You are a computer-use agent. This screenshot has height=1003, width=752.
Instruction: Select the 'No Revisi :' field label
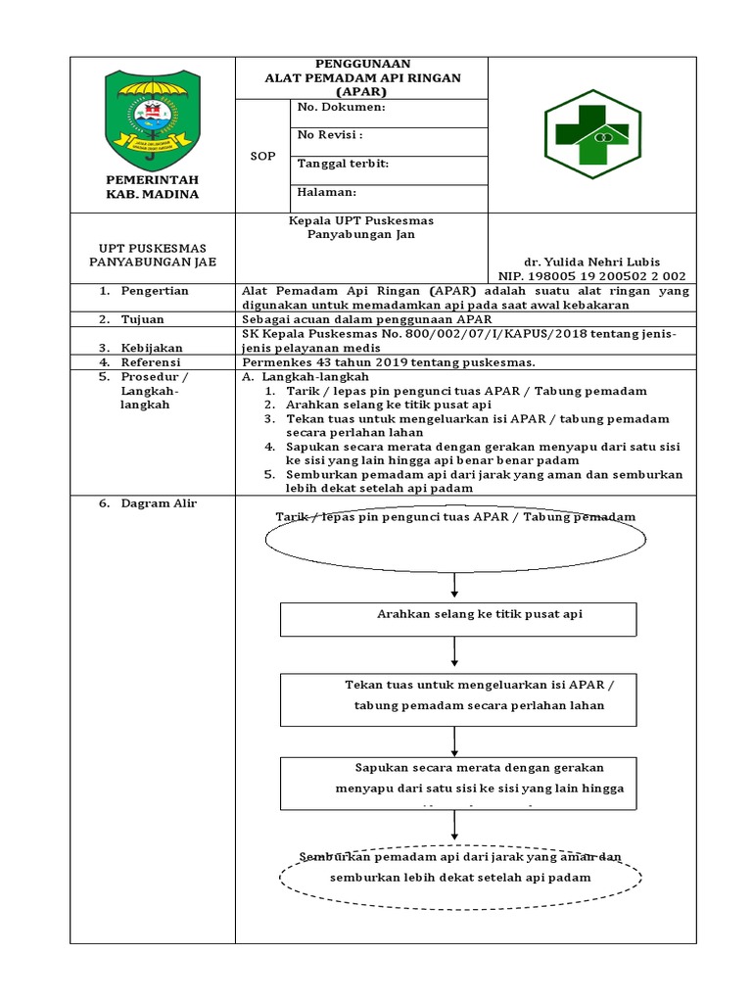(330, 135)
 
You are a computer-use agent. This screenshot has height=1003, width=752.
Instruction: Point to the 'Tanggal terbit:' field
(343, 164)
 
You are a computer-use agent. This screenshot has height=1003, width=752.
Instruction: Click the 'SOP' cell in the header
(262, 157)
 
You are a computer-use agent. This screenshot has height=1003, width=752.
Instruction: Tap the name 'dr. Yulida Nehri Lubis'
(591, 263)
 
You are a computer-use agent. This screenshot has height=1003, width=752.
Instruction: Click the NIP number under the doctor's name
(591, 276)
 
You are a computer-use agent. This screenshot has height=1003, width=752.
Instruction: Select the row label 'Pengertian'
(155, 291)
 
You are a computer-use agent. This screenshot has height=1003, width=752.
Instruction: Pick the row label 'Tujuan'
(143, 319)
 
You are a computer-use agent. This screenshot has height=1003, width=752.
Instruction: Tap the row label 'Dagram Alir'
(159, 503)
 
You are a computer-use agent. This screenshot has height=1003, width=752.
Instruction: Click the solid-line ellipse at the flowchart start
(454, 538)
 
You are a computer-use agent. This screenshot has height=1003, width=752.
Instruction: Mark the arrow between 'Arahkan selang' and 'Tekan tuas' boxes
(455, 653)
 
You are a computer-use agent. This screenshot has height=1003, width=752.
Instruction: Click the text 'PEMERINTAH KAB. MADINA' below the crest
(152, 187)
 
